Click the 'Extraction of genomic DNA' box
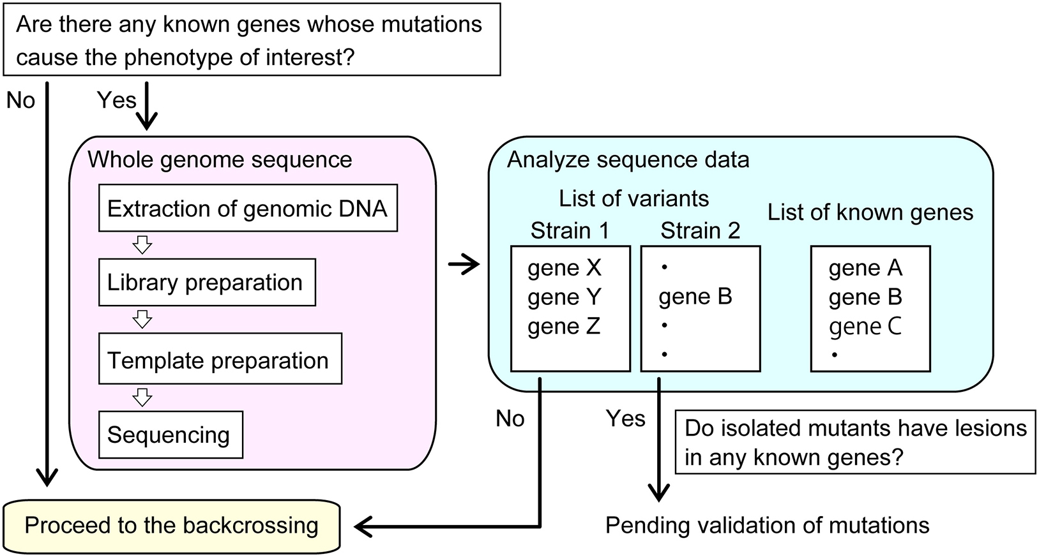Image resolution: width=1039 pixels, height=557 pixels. (248, 209)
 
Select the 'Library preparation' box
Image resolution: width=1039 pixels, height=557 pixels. (207, 283)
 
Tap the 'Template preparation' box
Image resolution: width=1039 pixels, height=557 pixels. (220, 360)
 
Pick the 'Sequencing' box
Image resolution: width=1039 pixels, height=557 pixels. (171, 435)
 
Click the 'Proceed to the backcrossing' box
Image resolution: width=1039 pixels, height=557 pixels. (172, 526)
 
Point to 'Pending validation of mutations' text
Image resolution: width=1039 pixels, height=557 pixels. (767, 526)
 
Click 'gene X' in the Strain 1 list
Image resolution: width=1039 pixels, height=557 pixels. (565, 268)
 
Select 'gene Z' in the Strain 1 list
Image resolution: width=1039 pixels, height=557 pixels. (564, 327)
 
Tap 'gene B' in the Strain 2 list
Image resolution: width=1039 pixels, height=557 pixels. (695, 297)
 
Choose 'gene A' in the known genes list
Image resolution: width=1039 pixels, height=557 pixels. (865, 268)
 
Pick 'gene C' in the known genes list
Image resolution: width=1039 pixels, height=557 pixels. (865, 327)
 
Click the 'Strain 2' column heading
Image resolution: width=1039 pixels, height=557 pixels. (700, 230)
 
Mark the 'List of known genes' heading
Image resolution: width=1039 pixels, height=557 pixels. (870, 212)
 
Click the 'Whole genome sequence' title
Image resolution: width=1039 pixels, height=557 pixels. (220, 160)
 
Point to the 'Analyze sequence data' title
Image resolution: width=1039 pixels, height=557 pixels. (628, 160)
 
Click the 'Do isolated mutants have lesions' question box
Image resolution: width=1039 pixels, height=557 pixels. (855, 442)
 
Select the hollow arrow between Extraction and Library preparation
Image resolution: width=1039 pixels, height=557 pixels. (142, 245)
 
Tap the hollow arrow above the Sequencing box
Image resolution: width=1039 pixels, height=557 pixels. (142, 397)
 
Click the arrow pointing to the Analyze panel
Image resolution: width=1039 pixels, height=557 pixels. (464, 264)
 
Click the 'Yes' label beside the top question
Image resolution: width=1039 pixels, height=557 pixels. (116, 100)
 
